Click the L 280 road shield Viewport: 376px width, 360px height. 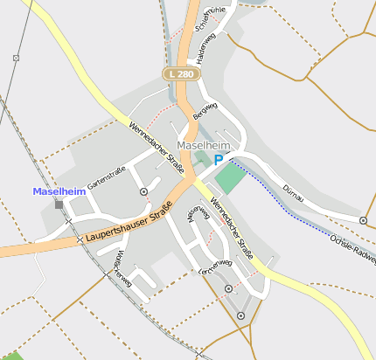tap(182, 75)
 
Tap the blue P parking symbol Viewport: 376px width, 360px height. tap(219, 160)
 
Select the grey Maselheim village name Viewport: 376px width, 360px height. tap(203, 145)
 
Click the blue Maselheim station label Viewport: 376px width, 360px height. tap(58, 191)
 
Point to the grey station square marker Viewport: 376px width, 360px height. tap(59, 204)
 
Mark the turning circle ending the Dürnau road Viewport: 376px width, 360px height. tap(364, 220)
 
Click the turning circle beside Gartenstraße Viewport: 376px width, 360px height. tap(143, 191)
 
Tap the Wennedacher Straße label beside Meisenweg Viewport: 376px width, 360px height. tap(232, 226)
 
